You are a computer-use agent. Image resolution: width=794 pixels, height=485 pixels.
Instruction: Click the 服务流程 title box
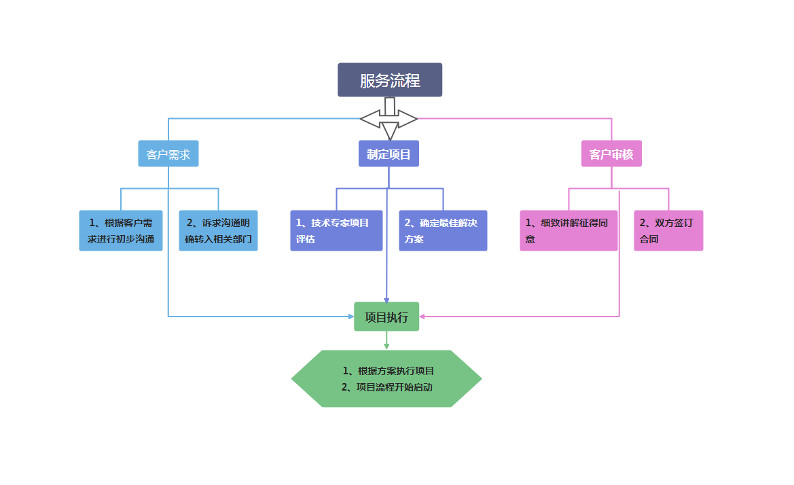click(x=390, y=80)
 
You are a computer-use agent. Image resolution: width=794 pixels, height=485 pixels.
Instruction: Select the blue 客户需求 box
click(x=168, y=154)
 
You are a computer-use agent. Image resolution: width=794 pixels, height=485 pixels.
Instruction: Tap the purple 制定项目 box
click(x=389, y=154)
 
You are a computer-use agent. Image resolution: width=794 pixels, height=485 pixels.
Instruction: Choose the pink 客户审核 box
click(x=611, y=154)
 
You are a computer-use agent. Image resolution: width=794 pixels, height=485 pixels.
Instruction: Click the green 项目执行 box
click(x=386, y=317)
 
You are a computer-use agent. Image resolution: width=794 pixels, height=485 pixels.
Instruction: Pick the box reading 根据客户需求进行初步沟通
click(x=121, y=231)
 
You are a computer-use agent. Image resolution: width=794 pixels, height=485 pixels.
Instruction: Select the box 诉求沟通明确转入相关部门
click(x=218, y=231)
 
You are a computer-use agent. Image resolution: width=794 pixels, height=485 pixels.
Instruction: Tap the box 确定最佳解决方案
click(x=443, y=231)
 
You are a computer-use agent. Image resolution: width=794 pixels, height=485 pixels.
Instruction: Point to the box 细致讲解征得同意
click(x=569, y=231)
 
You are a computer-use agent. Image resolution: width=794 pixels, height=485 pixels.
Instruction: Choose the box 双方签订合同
click(x=668, y=231)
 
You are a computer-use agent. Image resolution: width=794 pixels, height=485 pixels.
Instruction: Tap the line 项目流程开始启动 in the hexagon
click(x=387, y=387)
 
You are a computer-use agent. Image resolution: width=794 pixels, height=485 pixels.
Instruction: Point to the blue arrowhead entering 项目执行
click(x=350, y=317)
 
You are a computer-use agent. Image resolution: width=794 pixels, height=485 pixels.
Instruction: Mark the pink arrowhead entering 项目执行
click(x=422, y=317)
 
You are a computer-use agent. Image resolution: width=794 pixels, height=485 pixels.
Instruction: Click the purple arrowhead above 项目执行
click(x=386, y=300)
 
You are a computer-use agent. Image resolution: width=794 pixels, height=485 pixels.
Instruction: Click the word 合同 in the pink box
click(x=649, y=239)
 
